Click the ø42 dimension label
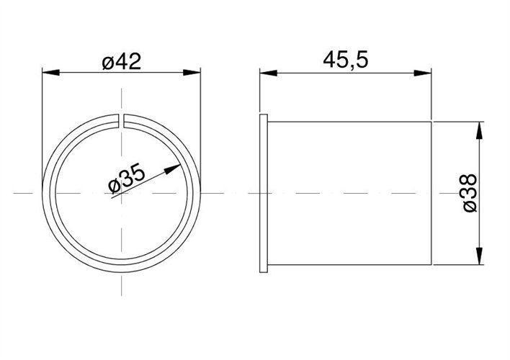pos(121,62)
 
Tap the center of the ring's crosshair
pos(122,193)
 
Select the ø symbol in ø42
pos(107,63)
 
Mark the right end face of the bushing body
pos(431,193)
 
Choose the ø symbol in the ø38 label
pos(469,207)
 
